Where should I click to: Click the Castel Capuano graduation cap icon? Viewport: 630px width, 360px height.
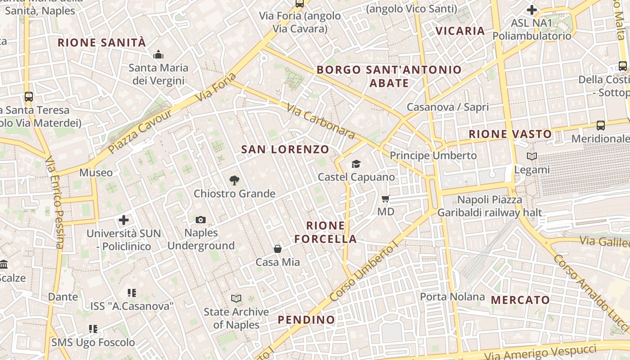356,164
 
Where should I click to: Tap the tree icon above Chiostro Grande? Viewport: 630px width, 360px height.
234,180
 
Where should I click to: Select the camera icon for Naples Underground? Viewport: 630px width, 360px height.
201,220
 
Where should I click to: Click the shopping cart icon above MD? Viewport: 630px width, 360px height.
386,198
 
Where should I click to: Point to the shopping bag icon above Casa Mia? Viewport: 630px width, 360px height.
278,249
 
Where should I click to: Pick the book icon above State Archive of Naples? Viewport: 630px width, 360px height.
236,298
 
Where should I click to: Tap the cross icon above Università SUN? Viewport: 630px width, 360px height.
124,220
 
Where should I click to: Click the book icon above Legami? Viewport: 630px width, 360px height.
532,157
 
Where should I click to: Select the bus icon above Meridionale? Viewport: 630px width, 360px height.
601,125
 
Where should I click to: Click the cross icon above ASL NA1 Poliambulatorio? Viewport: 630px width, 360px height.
532,9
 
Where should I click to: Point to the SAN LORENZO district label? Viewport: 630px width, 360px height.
285,149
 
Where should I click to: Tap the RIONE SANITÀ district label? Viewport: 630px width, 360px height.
102,43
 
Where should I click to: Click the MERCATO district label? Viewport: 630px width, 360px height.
520,300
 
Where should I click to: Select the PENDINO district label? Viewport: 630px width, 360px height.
306,320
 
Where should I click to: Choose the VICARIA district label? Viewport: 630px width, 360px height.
460,31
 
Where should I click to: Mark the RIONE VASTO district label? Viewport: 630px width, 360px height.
510,134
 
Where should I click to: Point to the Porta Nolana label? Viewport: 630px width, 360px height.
452,297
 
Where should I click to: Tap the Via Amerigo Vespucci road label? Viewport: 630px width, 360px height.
546,351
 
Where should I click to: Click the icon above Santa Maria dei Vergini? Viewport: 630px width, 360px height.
158,55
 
